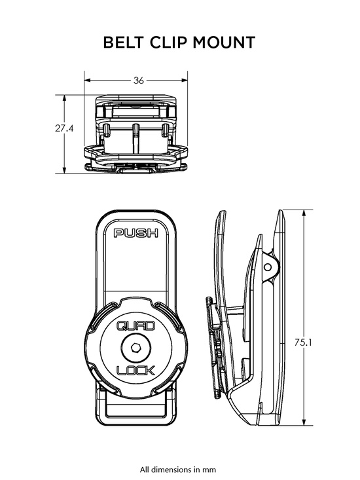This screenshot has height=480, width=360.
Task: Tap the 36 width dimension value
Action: pos(139,81)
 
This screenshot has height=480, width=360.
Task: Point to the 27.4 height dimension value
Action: pos(64,129)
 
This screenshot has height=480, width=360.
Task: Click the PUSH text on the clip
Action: pos(136,232)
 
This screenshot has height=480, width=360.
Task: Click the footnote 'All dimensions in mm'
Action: pos(178,469)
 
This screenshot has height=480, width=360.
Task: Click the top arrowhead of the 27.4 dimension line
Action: pos(64,97)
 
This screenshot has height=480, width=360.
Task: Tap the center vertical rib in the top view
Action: pos(135,134)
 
